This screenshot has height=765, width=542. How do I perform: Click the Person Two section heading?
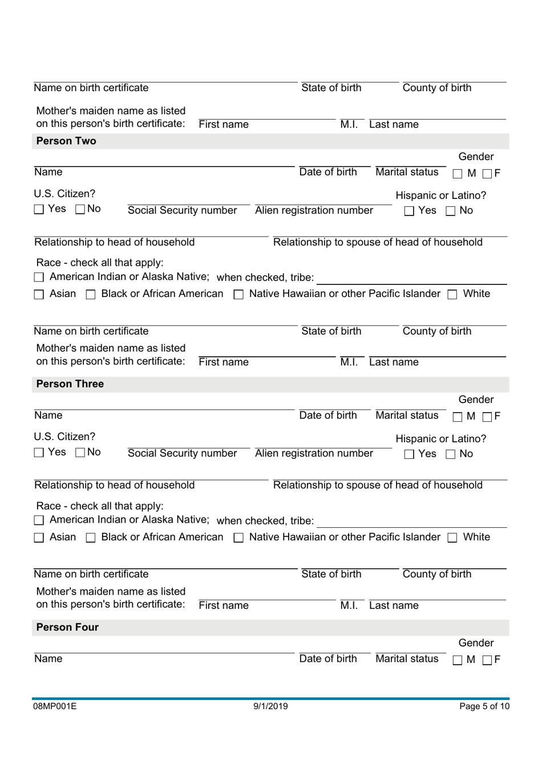[x=66, y=141]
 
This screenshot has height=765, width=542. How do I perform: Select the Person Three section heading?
[x=70, y=384]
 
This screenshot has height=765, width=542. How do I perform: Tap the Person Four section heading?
[x=67, y=627]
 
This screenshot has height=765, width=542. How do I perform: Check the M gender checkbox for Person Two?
[x=458, y=174]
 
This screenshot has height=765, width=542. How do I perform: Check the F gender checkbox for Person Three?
[x=487, y=417]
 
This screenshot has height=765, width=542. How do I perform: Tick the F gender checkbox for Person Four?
[x=487, y=660]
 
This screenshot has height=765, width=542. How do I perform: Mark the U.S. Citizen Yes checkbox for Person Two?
[x=39, y=210]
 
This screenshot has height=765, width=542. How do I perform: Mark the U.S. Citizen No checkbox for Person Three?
[x=80, y=453]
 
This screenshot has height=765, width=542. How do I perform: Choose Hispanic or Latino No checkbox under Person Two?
[x=451, y=211]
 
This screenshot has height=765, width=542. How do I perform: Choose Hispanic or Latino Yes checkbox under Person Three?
[x=409, y=455]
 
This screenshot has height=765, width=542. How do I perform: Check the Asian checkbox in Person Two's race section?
[x=39, y=295]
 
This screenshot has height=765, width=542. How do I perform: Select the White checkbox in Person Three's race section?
[x=452, y=538]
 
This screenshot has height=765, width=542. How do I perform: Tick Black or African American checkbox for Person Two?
[x=91, y=295]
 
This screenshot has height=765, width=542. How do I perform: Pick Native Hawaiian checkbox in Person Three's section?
[x=239, y=538]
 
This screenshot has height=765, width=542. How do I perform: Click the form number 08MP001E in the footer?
[x=55, y=706]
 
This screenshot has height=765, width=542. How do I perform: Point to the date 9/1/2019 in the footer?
[x=270, y=706]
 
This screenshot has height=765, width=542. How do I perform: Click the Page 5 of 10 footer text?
[x=484, y=706]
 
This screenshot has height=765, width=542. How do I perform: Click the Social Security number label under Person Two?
[x=182, y=210]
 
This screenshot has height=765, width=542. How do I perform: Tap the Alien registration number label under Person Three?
[x=314, y=453]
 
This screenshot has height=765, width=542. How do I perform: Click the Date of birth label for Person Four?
[x=328, y=658]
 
